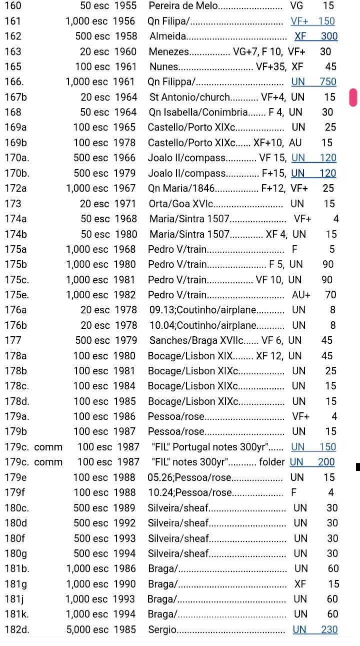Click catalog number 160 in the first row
(x=13, y=6)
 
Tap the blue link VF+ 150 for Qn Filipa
(x=312, y=21)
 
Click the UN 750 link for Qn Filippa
(x=313, y=82)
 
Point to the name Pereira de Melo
(x=183, y=6)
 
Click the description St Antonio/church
(x=189, y=97)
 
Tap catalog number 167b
(x=15, y=97)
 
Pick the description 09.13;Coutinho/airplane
(x=202, y=310)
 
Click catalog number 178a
(x=15, y=356)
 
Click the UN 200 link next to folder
(x=312, y=462)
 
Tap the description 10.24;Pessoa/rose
(x=190, y=492)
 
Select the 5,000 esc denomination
(x=87, y=629)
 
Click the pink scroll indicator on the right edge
(x=353, y=97)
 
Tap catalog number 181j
(x=14, y=599)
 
